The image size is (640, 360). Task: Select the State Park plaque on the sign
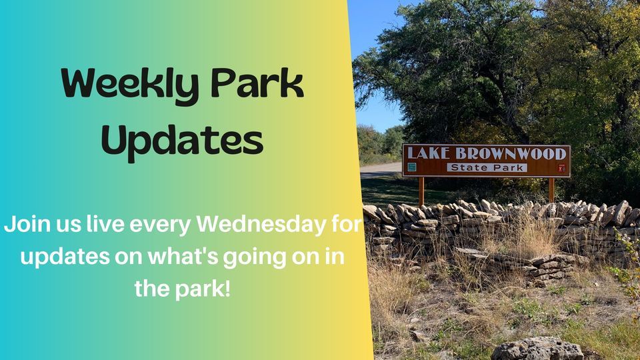[487, 168]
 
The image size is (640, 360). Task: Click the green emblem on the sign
[412, 167]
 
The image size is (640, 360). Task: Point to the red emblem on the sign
[561, 168]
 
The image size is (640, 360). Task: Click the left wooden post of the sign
[421, 190]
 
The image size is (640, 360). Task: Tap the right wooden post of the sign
[551, 189]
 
